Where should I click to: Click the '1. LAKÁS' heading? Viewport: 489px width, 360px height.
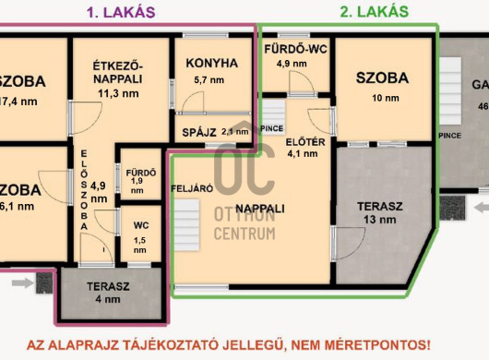point(121,12)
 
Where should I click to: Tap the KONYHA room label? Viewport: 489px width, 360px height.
point(211,63)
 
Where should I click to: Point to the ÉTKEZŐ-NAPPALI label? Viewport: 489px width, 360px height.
point(120,70)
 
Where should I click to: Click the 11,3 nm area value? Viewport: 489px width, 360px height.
point(120,92)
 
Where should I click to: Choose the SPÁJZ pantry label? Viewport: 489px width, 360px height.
point(197,131)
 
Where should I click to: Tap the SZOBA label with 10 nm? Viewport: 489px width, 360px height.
point(381,78)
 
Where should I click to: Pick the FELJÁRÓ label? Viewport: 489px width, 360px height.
point(192,187)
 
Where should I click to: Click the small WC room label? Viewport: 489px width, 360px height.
point(140,224)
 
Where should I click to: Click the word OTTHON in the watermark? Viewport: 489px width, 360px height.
point(244,213)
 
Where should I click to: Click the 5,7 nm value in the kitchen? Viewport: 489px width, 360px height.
point(210,81)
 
